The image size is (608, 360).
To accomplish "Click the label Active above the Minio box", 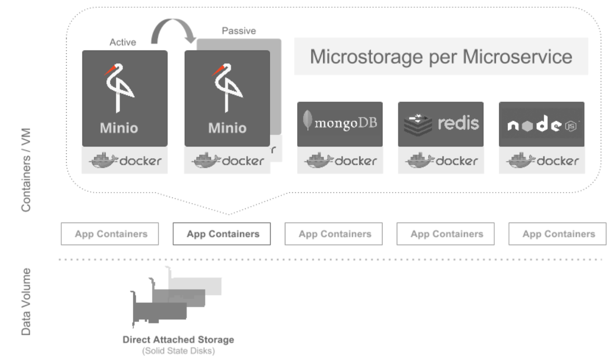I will point(123,43).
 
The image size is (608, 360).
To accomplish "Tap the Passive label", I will point(239,31).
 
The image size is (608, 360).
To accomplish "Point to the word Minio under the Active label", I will point(119,129).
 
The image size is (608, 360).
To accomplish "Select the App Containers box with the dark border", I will point(222,234).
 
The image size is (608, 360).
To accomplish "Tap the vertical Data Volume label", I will point(27,302).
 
